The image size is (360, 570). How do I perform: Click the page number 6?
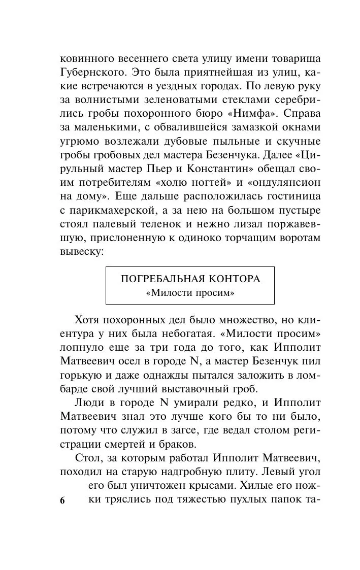click(x=62, y=501)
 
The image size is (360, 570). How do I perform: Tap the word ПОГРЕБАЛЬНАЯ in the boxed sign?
click(x=160, y=279)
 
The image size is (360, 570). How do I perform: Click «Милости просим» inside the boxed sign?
click(x=189, y=293)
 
